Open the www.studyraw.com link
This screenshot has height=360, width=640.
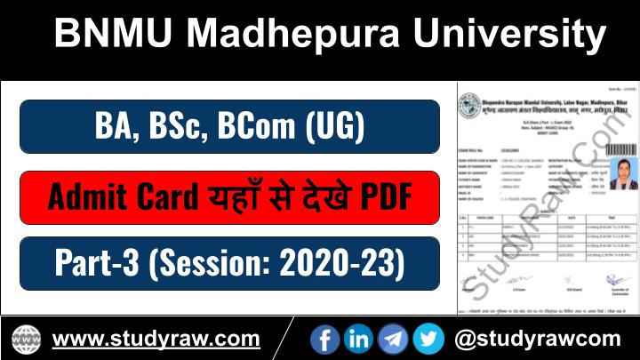156,339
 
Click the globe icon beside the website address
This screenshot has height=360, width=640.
26,339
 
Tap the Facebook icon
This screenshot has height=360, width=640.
326,339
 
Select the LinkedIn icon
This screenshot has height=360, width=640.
359,339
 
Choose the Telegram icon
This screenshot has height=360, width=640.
393,339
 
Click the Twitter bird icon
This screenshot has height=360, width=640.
428,339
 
